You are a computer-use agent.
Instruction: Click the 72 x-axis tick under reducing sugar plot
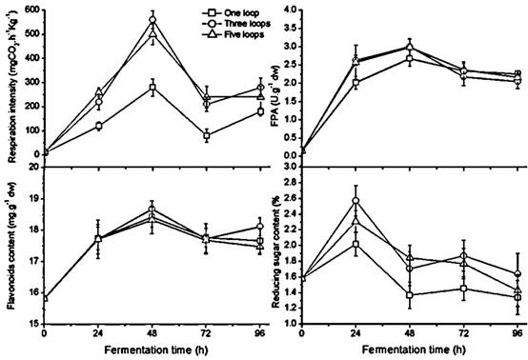click(x=464, y=334)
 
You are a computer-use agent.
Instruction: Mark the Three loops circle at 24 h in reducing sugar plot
click(x=356, y=201)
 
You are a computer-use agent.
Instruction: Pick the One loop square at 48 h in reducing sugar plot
click(x=410, y=295)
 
